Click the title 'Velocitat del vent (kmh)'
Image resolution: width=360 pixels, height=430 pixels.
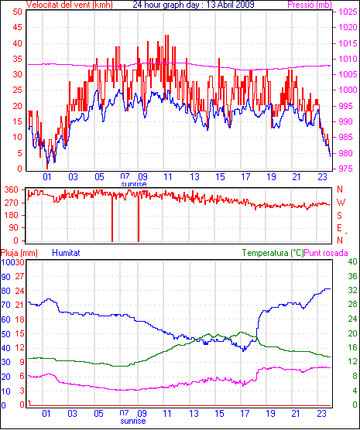pyautogui.click(x=69, y=5)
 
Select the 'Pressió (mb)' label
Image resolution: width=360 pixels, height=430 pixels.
pyautogui.click(x=310, y=5)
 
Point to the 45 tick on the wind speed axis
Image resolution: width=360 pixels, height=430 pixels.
pyautogui.click(x=17, y=27)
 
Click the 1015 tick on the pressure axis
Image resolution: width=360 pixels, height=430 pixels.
pyautogui.click(x=348, y=43)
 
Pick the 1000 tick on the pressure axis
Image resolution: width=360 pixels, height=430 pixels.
pyautogui.click(x=348, y=90)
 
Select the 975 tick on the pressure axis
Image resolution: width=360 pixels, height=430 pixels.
pyautogui.click(x=348, y=169)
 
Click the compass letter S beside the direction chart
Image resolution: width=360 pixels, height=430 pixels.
pyautogui.click(x=339, y=216)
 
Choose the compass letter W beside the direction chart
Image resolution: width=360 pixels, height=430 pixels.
pyautogui.click(x=341, y=203)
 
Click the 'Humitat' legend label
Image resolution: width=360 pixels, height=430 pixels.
pyautogui.click(x=66, y=253)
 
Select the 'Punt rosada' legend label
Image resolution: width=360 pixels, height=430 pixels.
pyautogui.click(x=326, y=253)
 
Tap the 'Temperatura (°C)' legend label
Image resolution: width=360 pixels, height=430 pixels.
pyautogui.click(x=273, y=253)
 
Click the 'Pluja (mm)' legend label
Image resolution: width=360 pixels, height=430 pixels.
pyautogui.click(x=19, y=253)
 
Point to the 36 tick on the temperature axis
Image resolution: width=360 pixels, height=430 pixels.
pyautogui.click(x=352, y=276)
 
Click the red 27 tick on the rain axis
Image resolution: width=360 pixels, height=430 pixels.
pyautogui.click(x=19, y=276)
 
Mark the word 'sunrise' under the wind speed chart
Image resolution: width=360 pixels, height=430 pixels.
pyautogui.click(x=134, y=184)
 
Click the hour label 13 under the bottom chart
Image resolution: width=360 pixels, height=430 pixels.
pyautogui.click(x=194, y=413)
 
